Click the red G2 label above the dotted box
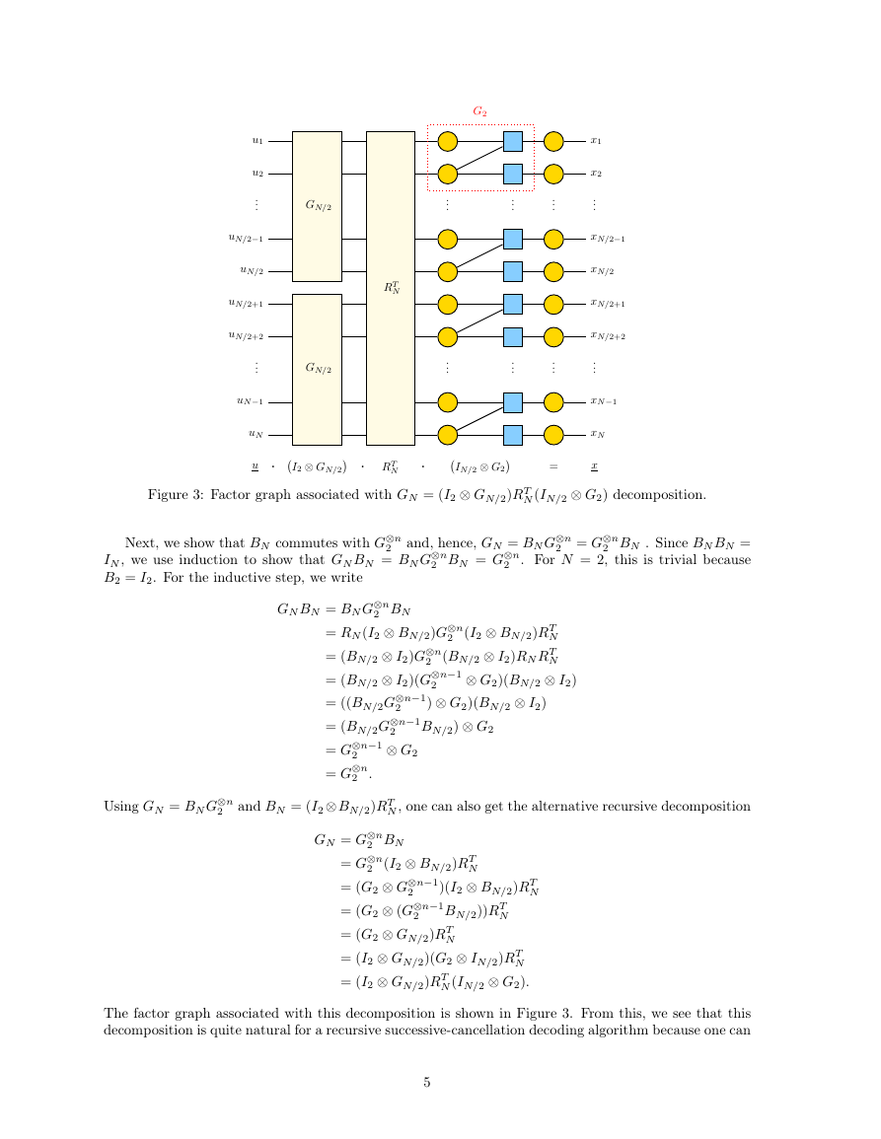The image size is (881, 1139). (x=479, y=111)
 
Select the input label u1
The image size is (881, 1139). (x=257, y=141)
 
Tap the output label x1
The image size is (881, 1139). (x=595, y=141)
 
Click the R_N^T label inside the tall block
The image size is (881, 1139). (x=391, y=288)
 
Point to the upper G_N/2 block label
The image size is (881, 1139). (x=318, y=205)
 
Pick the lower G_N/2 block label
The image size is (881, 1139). (x=318, y=368)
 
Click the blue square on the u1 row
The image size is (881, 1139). (x=512, y=141)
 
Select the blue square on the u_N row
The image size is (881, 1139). (x=512, y=435)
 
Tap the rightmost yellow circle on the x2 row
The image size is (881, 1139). (x=553, y=175)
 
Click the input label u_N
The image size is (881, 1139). (x=256, y=434)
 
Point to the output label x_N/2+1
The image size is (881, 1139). (x=608, y=305)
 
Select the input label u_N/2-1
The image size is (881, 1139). (x=246, y=239)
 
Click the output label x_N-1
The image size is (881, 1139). (x=604, y=401)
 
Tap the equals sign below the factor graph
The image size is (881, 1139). (x=553, y=467)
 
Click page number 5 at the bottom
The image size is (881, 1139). (x=427, y=1083)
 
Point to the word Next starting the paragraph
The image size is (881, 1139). (x=139, y=543)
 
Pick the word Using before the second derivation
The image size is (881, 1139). (x=120, y=807)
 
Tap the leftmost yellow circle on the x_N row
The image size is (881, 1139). (x=448, y=435)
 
